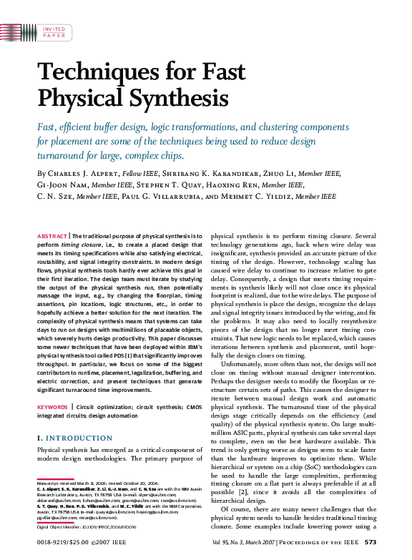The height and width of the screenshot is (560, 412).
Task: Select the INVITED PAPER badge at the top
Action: coord(54,32)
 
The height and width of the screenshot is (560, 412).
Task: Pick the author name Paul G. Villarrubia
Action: coord(152,197)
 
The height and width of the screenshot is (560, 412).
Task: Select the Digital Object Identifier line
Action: coord(86,527)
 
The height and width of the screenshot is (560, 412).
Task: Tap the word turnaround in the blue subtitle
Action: coord(64,155)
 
